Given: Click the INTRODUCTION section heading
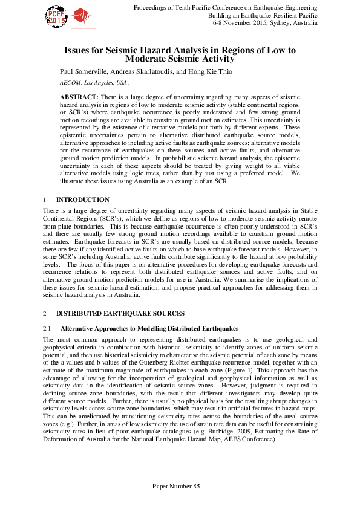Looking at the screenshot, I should (x=82, y=199).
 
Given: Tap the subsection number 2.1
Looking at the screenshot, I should (x=48, y=328).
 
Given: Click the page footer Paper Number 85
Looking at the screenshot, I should (x=180, y=486).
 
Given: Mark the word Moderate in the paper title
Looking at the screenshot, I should (x=148, y=59).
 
